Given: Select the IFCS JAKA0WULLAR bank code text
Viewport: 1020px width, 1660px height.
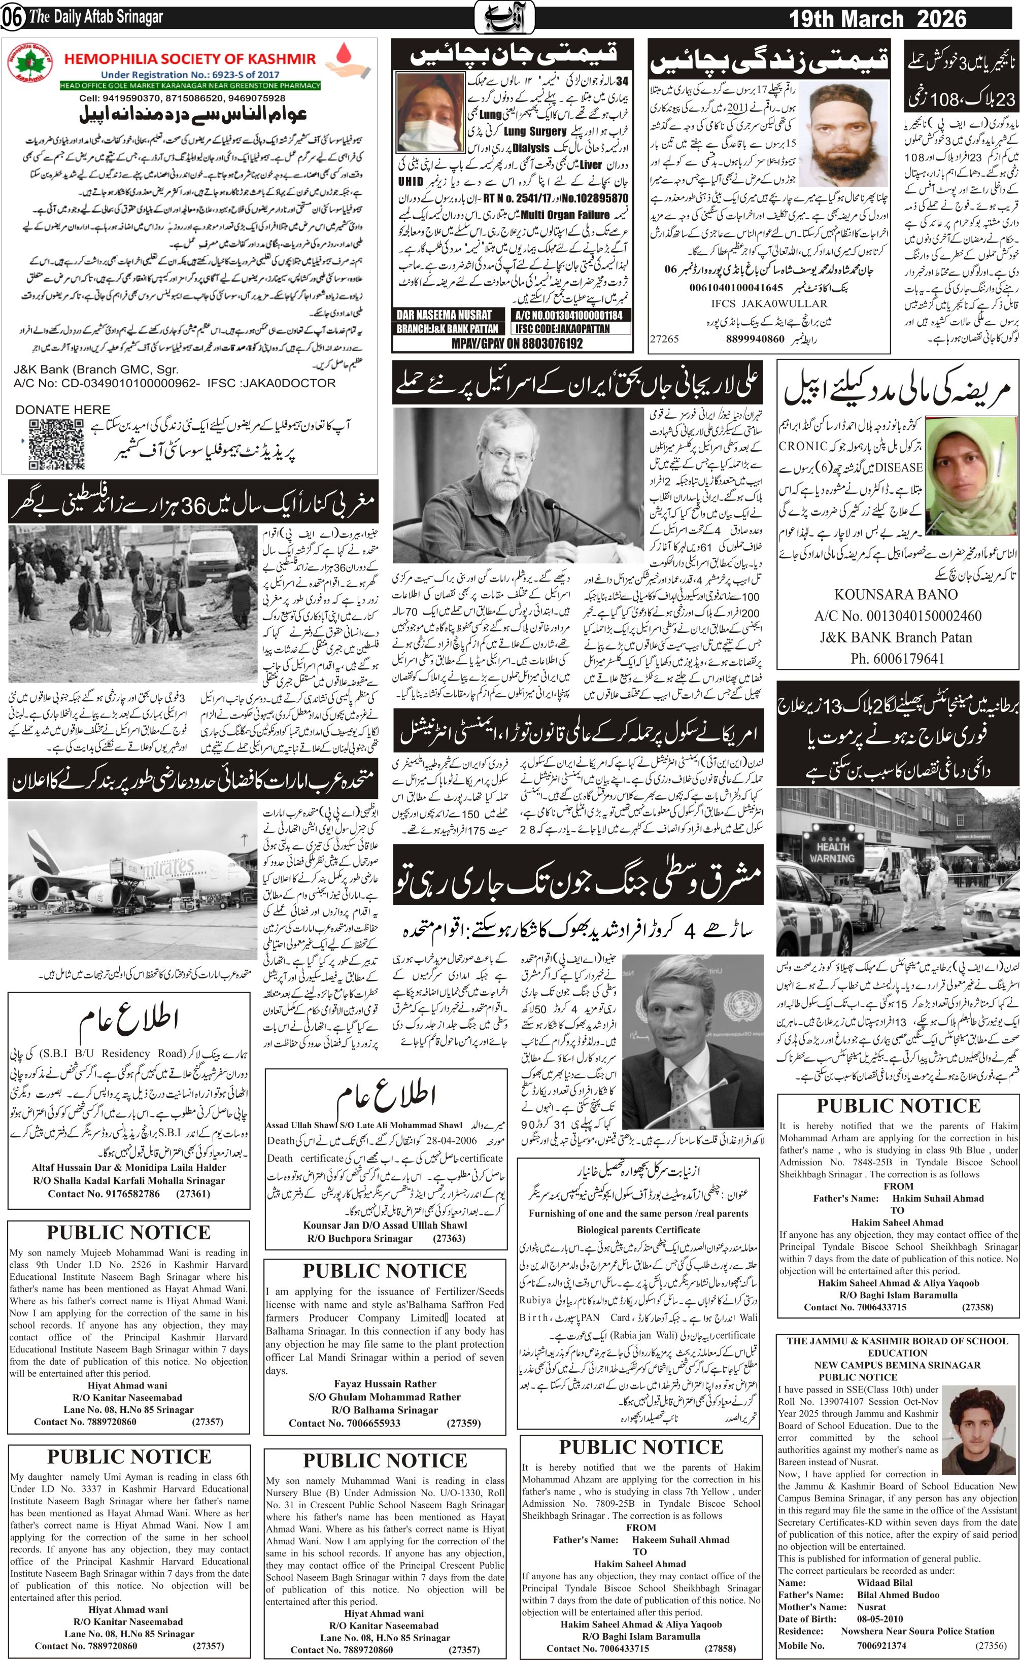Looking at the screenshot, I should (768, 303).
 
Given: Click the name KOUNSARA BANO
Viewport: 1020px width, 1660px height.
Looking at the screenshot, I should (895, 594).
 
